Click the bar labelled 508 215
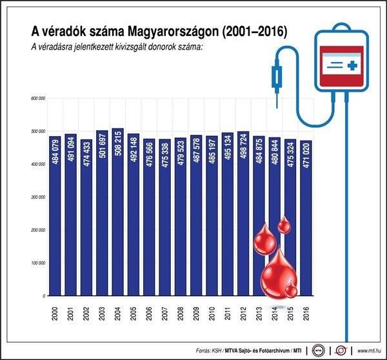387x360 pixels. click(117, 213)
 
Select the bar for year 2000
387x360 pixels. click(55, 216)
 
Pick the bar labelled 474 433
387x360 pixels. click(86, 216)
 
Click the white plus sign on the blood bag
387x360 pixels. click(352, 66)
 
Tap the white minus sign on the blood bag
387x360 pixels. click(332, 66)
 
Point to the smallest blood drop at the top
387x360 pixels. click(284, 225)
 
